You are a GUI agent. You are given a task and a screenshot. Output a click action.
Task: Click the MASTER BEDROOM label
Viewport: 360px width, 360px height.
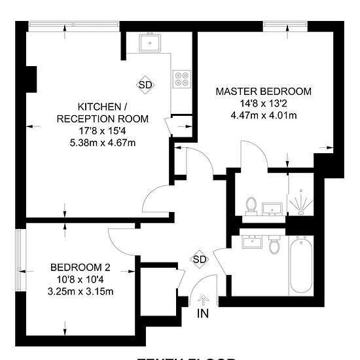pos(264,91)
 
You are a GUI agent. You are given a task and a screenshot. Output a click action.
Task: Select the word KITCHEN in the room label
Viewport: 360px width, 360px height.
pos(99,107)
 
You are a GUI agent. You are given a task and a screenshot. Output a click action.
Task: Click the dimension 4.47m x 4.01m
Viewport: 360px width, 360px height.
pos(264,116)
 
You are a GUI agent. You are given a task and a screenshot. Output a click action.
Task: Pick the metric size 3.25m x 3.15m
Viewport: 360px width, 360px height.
pos(81,291)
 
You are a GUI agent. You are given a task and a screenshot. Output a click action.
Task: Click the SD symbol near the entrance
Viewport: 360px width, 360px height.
pos(200,259)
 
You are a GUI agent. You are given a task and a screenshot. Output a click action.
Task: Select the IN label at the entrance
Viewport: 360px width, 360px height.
pos(204,314)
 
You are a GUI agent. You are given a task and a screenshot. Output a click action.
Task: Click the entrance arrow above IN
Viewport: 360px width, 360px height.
pos(203,300)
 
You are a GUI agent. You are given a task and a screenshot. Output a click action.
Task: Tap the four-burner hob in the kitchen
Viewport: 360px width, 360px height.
pos(182,79)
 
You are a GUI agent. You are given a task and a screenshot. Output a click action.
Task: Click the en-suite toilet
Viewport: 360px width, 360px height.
pos(249,206)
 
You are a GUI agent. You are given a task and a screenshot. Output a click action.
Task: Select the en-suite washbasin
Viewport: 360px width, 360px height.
pos(271,209)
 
